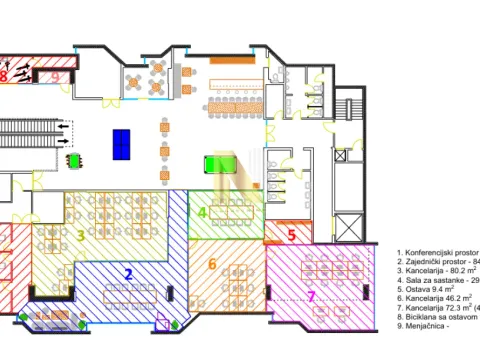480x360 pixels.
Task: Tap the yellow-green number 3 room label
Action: point(80,237)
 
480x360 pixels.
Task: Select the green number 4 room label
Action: point(202,213)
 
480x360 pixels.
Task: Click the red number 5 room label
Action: point(291,237)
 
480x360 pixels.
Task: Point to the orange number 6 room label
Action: point(212,264)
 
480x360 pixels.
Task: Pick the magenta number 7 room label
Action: point(311,296)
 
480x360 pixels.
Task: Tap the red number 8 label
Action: point(4,76)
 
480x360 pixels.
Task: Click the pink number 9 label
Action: point(55,76)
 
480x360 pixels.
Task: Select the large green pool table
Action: point(220,163)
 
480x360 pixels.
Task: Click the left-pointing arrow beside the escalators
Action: point(65,127)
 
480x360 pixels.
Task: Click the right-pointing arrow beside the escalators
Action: point(65,141)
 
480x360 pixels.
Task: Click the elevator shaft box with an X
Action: point(347,226)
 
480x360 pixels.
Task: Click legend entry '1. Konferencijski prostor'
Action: point(437,254)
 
